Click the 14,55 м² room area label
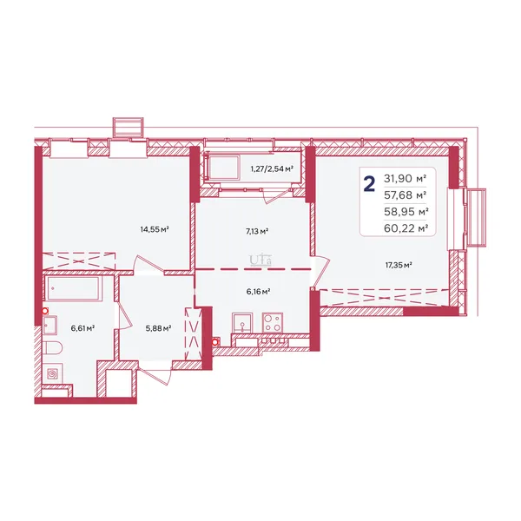(155, 229)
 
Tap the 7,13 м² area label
(257, 231)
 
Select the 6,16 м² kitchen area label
(258, 292)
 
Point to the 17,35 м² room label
(399, 265)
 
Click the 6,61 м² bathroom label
(82, 328)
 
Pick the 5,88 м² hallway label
(158, 328)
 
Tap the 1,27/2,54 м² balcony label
(272, 168)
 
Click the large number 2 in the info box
(370, 184)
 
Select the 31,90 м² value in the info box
(405, 179)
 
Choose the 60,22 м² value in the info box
(406, 228)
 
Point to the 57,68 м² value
(406, 195)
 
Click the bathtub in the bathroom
(74, 288)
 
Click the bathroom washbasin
(49, 325)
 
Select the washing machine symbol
(52, 374)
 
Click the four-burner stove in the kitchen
(273, 322)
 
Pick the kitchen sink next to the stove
(243, 323)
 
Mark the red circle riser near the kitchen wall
(215, 341)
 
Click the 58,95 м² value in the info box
(406, 212)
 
